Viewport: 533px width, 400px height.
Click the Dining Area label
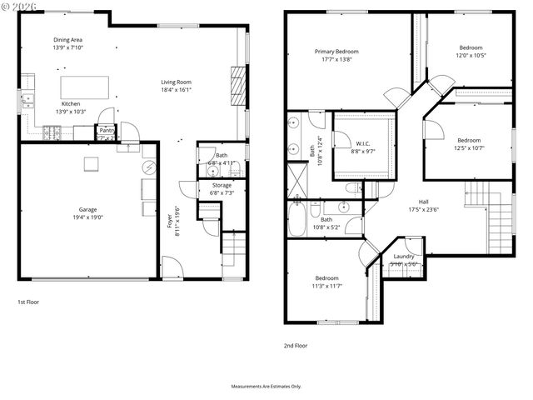pos(67,39)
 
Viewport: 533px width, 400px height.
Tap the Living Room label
pos(177,82)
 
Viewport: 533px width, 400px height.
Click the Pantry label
pos(107,130)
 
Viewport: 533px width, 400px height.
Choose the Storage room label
pos(222,185)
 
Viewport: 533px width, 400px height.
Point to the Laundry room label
pos(404,256)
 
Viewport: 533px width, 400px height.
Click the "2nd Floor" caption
pos(296,345)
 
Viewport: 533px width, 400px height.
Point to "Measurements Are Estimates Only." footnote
pos(266,387)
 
